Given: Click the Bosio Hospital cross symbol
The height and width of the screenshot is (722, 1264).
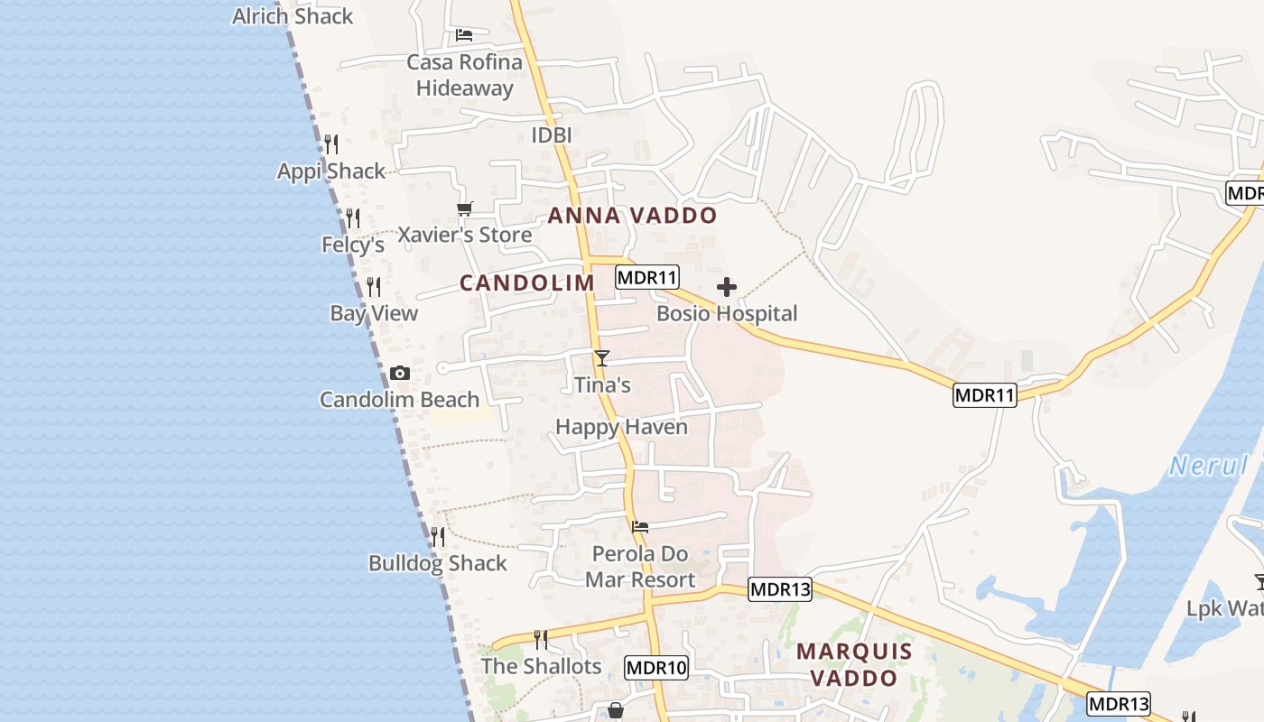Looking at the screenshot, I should pyautogui.click(x=727, y=288).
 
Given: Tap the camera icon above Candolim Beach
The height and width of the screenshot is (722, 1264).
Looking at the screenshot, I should pyautogui.click(x=399, y=374).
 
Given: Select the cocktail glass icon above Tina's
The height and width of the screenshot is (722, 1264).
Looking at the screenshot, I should pyautogui.click(x=602, y=358).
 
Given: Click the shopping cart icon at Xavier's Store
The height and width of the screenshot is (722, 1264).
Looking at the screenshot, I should pyautogui.click(x=465, y=209).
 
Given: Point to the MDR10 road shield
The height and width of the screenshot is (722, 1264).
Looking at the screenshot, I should pyautogui.click(x=656, y=669).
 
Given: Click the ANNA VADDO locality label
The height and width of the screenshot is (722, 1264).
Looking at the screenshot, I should pyautogui.click(x=632, y=216).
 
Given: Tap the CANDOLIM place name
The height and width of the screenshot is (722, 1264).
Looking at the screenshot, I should pyautogui.click(x=527, y=282).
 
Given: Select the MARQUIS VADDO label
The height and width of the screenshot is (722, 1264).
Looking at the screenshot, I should pyautogui.click(x=854, y=664).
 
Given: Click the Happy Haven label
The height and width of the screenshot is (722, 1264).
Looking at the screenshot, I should pyautogui.click(x=621, y=427).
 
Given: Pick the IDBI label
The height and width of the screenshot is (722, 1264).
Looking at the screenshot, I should pyautogui.click(x=552, y=135).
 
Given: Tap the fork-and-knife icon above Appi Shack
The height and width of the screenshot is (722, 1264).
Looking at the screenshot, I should pyautogui.click(x=331, y=143).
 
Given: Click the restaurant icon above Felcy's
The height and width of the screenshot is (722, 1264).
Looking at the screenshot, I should pyautogui.click(x=353, y=218).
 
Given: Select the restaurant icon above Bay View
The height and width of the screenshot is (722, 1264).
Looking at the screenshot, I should pyautogui.click(x=374, y=287).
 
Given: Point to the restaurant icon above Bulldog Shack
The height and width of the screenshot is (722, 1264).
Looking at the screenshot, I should pyautogui.click(x=438, y=537).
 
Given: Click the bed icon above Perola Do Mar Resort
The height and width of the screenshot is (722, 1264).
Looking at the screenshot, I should pyautogui.click(x=640, y=526).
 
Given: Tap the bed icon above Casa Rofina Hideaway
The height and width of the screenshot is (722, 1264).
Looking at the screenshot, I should pyautogui.click(x=464, y=35).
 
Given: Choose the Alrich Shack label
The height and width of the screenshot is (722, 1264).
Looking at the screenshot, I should pyautogui.click(x=293, y=16).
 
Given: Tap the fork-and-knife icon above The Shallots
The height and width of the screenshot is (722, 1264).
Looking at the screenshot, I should pyautogui.click(x=541, y=640).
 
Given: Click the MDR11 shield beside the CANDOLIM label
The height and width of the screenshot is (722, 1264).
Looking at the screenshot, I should pyautogui.click(x=646, y=277).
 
